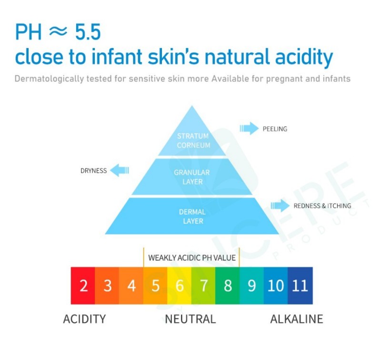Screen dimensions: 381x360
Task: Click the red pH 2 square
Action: (x=83, y=286)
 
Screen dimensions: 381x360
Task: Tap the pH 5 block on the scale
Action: (x=155, y=286)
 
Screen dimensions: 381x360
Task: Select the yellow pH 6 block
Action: (x=180, y=286)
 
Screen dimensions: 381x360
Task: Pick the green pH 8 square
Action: (x=228, y=286)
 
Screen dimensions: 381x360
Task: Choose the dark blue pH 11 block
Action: (x=300, y=286)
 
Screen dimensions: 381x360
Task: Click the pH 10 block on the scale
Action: (x=276, y=286)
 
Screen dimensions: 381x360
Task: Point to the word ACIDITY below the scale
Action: (x=85, y=319)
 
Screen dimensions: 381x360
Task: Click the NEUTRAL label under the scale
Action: (x=190, y=319)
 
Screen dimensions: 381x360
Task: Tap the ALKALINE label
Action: (x=297, y=319)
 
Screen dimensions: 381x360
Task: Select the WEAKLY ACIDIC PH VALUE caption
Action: (x=192, y=258)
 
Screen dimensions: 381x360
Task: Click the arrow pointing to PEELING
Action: (x=249, y=128)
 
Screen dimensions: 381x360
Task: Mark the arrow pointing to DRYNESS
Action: (x=120, y=170)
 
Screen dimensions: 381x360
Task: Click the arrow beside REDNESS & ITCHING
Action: (x=280, y=206)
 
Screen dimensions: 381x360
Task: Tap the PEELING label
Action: (x=275, y=129)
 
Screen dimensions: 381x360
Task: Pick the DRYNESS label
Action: (x=93, y=171)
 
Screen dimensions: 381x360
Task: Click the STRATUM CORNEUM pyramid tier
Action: (x=192, y=136)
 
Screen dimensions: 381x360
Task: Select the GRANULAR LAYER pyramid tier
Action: (x=192, y=177)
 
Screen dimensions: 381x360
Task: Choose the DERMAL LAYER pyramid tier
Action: (x=192, y=216)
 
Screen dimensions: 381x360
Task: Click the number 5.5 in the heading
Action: (x=88, y=32)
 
